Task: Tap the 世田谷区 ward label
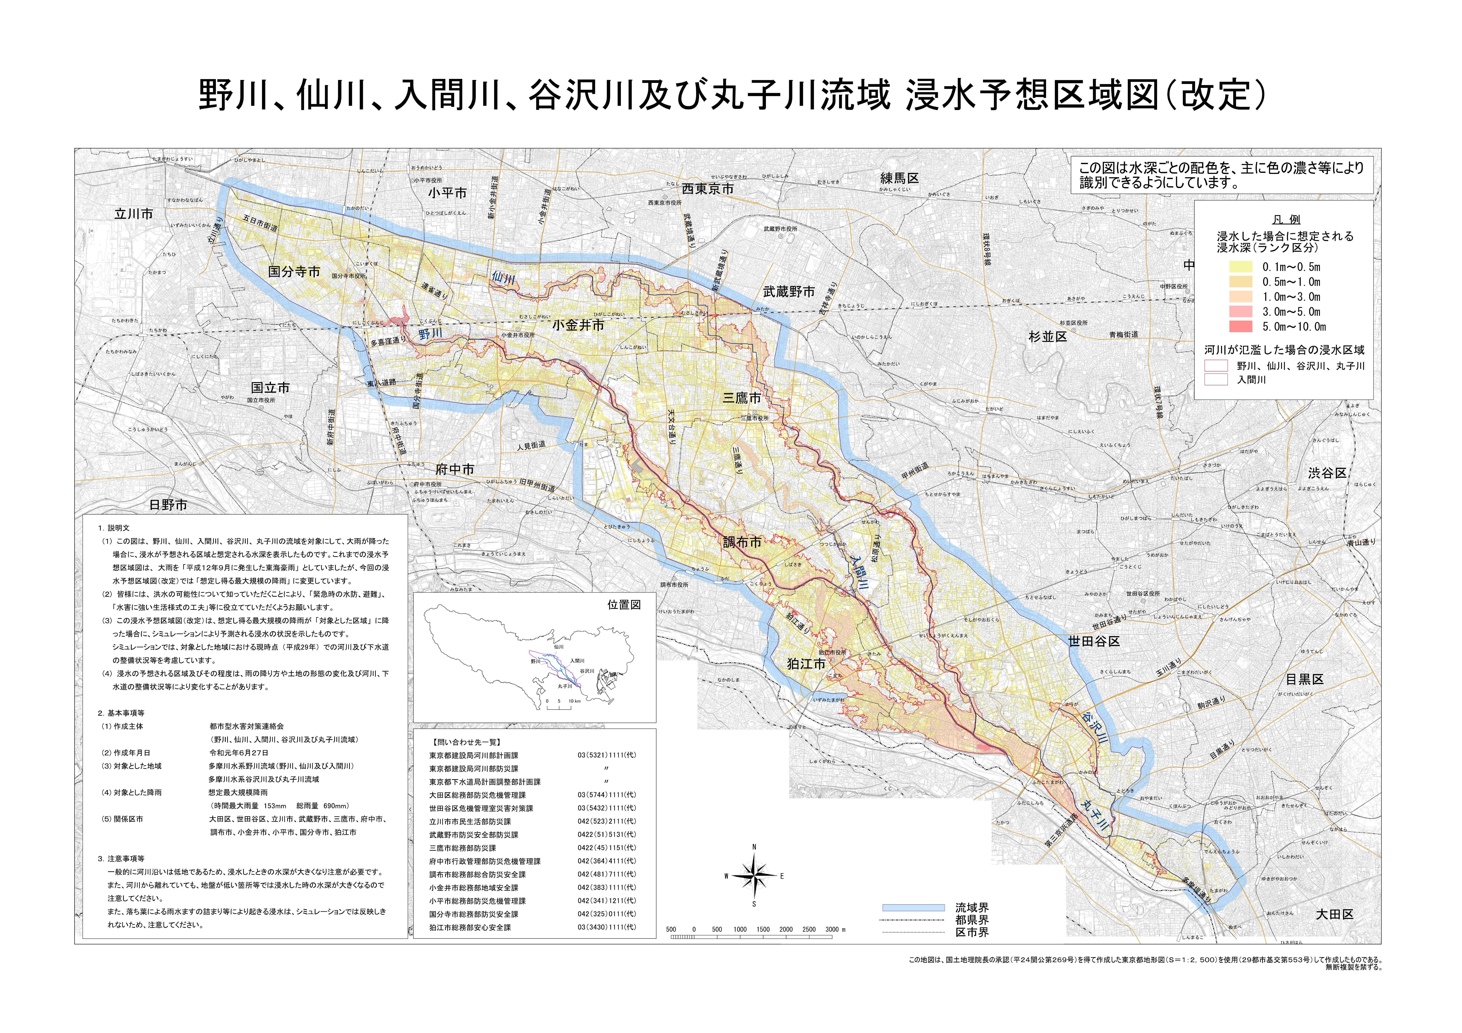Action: click(x=1094, y=641)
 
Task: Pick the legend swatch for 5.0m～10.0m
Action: click(x=1240, y=327)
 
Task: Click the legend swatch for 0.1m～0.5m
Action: click(x=1240, y=267)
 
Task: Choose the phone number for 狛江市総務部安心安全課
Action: click(x=606, y=927)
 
